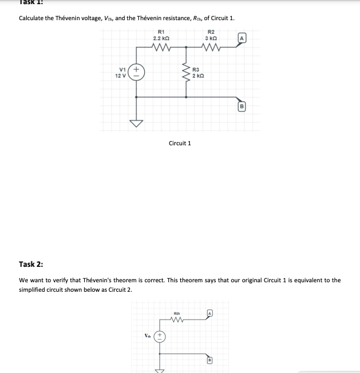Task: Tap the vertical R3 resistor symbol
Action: click(186, 73)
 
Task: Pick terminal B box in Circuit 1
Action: click(241, 107)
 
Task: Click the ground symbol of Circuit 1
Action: click(136, 123)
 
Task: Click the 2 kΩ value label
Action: click(198, 77)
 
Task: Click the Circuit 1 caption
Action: click(180, 143)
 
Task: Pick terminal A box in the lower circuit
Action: click(209, 313)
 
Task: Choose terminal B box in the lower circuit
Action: click(209, 360)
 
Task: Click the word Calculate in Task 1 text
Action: click(33, 17)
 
